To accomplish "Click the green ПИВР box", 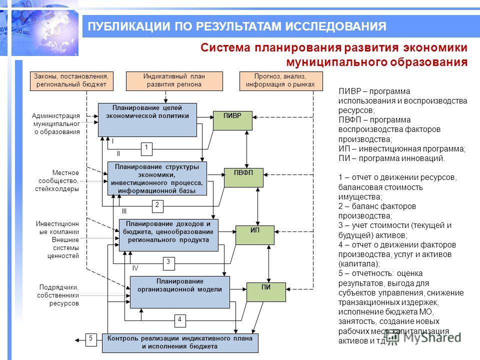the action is pyautogui.click(x=232, y=120).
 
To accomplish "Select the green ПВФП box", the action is pyautogui.click(x=243, y=177).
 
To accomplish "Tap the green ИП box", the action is pyautogui.click(x=255, y=235).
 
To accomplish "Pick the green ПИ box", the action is pyautogui.click(x=266, y=292).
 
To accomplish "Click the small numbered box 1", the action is pyautogui.click(x=146, y=149).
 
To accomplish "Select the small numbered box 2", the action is pyautogui.click(x=157, y=206).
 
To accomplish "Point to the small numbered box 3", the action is pyautogui.click(x=168, y=263).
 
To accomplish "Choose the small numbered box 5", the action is pyautogui.click(x=91, y=340).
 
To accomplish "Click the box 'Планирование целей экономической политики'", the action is pyautogui.click(x=147, y=119).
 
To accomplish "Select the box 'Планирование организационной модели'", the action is pyautogui.click(x=179, y=292).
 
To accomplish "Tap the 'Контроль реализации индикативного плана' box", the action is pyautogui.click(x=180, y=343).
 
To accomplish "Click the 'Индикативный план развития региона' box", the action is pyautogui.click(x=174, y=81).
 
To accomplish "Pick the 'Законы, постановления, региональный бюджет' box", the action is pyautogui.click(x=71, y=81).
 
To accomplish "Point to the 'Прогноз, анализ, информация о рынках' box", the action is pyautogui.click(x=281, y=81).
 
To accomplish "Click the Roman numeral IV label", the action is pyautogui.click(x=135, y=268).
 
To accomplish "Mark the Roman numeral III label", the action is pyautogui.click(x=124, y=211).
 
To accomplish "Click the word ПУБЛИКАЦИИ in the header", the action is pyautogui.click(x=129, y=26).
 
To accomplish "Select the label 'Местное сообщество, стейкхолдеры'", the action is pyautogui.click(x=57, y=181).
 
